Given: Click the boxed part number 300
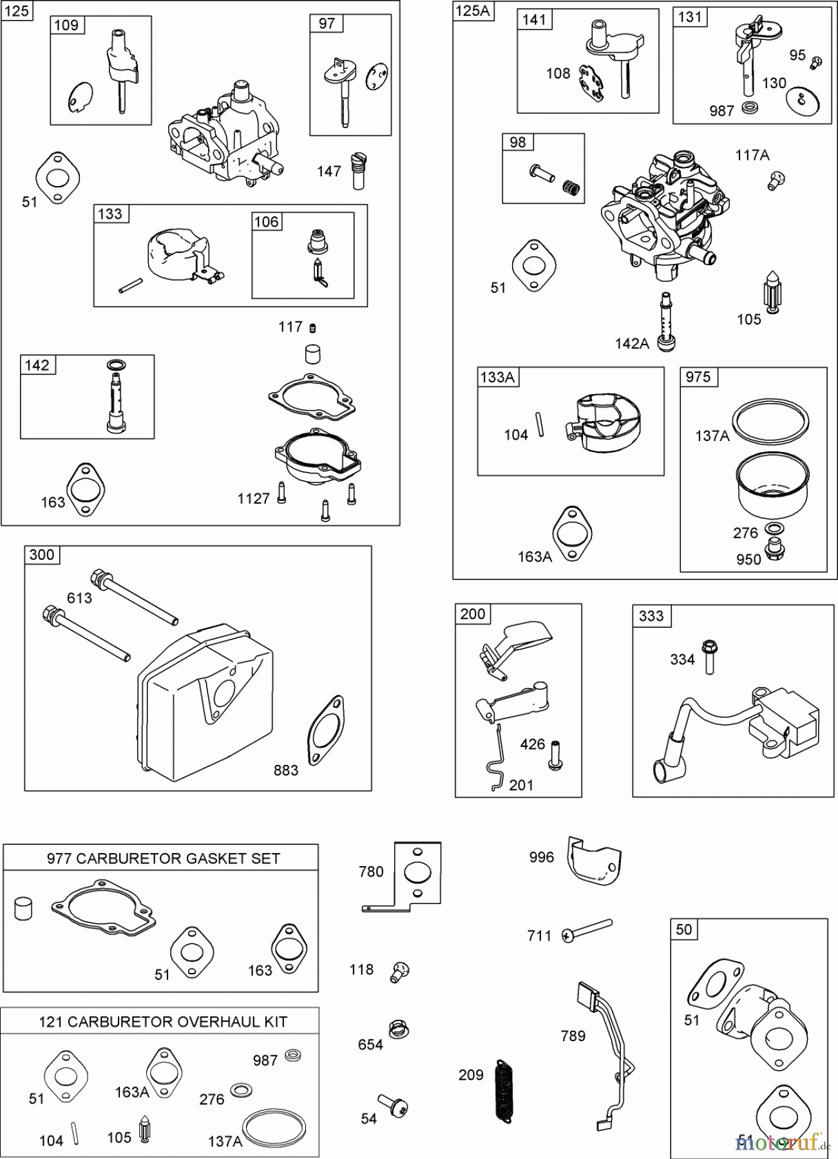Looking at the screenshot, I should click(42, 555).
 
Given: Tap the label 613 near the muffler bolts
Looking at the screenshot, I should click(79, 598).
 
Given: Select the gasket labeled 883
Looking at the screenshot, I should click(326, 730).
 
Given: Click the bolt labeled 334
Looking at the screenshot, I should click(710, 655).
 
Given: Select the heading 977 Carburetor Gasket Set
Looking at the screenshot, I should click(163, 858).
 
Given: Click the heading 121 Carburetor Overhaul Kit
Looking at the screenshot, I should click(163, 1022).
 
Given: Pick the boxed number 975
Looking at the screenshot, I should click(698, 377).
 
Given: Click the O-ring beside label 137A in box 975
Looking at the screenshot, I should click(772, 424).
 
